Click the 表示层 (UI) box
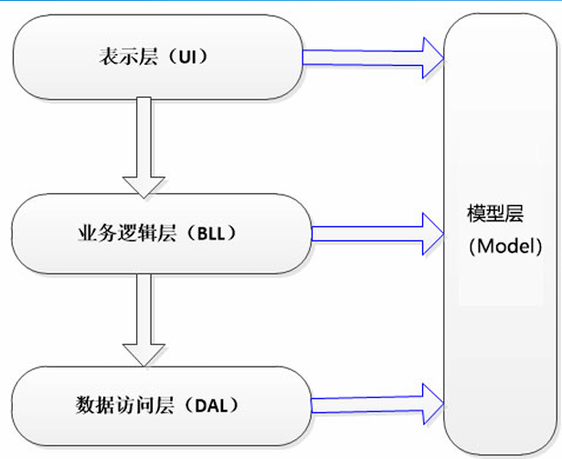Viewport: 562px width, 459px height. pyautogui.click(x=156, y=58)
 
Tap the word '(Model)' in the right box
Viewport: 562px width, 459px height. pyautogui.click(x=500, y=248)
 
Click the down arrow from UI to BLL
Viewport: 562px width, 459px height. pyautogui.click(x=143, y=146)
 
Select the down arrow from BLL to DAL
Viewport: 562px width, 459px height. pyautogui.click(x=143, y=320)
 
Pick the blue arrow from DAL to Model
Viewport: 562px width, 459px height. pyautogui.click(x=376, y=400)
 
